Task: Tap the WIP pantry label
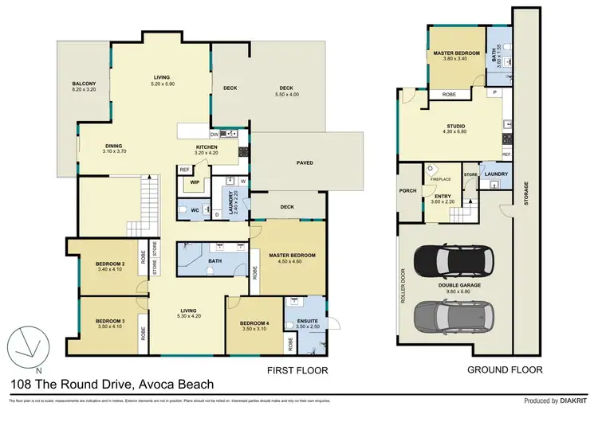(x=193, y=182)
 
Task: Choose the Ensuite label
(x=307, y=322)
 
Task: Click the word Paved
(x=305, y=164)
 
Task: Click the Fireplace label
(x=441, y=180)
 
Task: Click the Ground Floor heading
(x=506, y=369)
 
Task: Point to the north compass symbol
(x=27, y=349)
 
